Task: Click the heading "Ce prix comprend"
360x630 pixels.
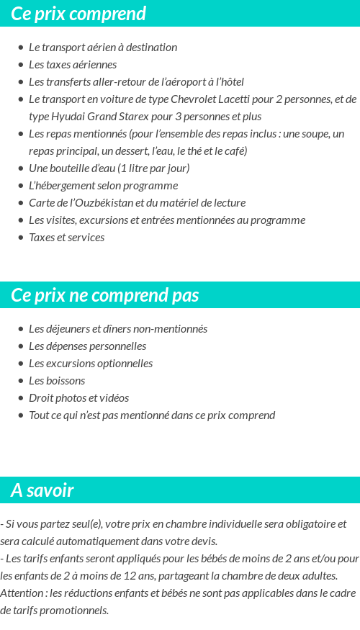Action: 78,14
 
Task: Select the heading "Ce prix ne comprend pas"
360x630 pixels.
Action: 105,295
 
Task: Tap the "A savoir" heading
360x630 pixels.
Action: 42,490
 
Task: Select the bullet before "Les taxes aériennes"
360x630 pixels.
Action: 21,65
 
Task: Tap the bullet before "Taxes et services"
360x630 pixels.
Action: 21,238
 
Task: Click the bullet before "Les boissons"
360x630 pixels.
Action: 21,381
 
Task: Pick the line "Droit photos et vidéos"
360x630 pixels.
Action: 78,398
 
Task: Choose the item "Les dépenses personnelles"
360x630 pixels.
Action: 87,346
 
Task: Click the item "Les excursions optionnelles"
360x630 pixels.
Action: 91,364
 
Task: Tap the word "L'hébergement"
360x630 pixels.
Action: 62,186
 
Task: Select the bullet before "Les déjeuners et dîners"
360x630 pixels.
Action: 21,329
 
